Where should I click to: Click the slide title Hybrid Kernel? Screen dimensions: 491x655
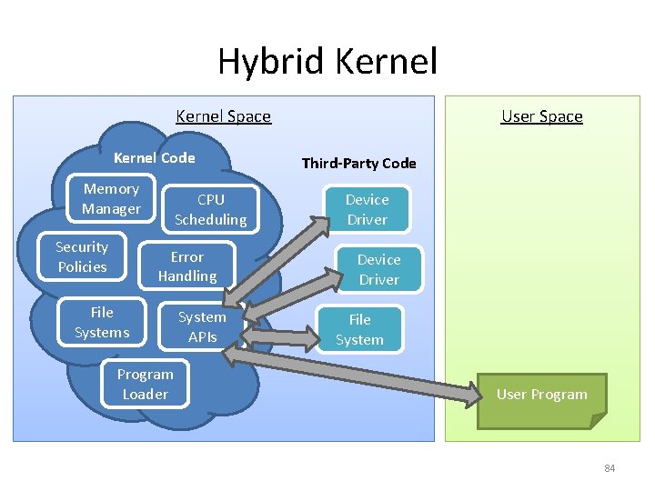click(327, 62)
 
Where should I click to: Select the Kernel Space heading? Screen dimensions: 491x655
click(223, 116)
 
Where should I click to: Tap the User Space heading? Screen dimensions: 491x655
click(541, 116)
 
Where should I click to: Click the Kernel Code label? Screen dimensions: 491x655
click(154, 158)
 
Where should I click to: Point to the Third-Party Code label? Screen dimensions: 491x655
click(358, 164)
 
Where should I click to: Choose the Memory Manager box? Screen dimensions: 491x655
click(111, 199)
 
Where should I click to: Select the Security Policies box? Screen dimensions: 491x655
click(82, 257)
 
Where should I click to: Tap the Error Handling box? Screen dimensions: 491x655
click(187, 266)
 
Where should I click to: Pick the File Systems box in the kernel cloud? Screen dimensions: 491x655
click(102, 323)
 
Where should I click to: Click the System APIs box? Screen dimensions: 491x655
click(202, 327)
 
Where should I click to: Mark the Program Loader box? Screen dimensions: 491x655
click(145, 385)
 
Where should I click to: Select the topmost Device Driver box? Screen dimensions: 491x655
click(367, 210)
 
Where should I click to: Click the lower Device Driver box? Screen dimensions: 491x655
click(378, 270)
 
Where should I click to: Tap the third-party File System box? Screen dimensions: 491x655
click(359, 330)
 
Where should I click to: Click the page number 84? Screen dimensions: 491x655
click(610, 468)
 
